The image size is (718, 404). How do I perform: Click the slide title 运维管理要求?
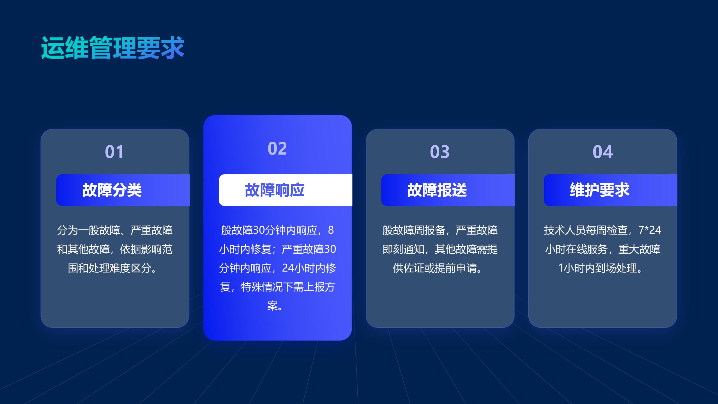click(x=113, y=48)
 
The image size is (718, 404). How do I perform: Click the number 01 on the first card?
click(x=114, y=152)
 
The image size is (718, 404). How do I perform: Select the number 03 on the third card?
click(x=440, y=152)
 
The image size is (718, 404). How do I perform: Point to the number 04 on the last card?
click(x=603, y=152)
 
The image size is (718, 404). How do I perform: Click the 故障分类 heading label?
click(x=112, y=190)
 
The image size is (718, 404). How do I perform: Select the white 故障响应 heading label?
click(x=275, y=190)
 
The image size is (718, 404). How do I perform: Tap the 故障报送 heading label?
click(x=437, y=190)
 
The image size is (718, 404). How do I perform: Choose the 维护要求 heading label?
click(x=600, y=190)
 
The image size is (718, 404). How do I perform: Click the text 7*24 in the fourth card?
click(x=650, y=230)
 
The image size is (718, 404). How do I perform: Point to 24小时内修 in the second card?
click(x=309, y=268)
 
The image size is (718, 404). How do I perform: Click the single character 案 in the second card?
click(x=272, y=306)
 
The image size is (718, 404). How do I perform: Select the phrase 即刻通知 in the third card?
click(x=403, y=249)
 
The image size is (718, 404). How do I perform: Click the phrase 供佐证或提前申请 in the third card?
click(x=434, y=268)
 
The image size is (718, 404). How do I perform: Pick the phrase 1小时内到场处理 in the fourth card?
click(x=597, y=268)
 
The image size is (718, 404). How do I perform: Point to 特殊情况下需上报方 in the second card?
click(x=288, y=287)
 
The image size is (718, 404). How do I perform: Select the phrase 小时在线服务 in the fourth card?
click(x=576, y=249)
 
